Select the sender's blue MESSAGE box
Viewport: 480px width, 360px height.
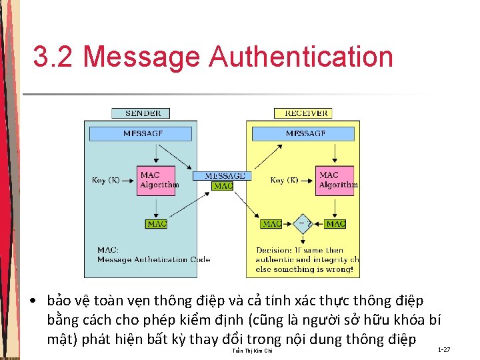tap(143, 133)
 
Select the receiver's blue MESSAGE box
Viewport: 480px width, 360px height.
tap(305, 133)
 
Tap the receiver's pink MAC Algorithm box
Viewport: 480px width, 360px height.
tap(337, 180)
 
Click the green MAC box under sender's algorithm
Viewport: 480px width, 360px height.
tap(157, 224)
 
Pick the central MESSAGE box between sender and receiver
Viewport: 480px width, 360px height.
tap(223, 176)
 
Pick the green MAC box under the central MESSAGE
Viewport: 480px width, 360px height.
tap(223, 186)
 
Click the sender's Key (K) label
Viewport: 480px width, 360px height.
tap(106, 180)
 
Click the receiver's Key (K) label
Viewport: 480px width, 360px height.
tap(284, 180)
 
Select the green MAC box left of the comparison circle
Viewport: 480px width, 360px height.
tap(271, 224)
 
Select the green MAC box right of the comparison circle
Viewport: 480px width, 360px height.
tap(335, 224)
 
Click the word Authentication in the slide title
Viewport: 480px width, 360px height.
tap(301, 57)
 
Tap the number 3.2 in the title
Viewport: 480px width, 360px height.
tap(53, 57)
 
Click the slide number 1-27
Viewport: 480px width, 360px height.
tap(444, 349)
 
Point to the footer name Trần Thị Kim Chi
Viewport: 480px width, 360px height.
tap(251, 351)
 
